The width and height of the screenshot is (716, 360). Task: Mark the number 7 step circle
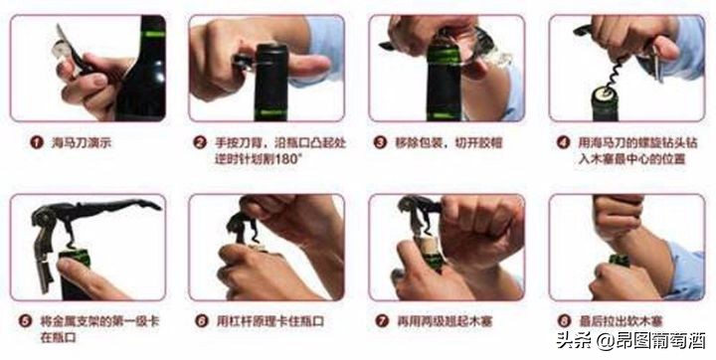pos(380,321)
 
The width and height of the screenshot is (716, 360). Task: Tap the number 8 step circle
pos(564,321)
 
